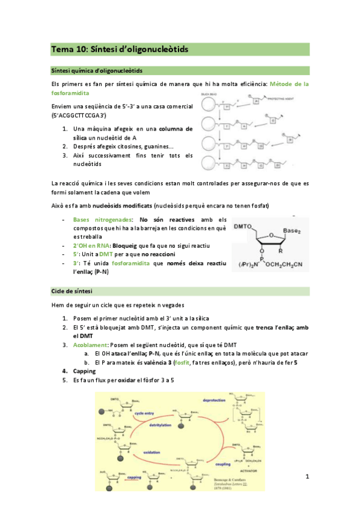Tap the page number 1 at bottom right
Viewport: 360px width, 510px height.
[x=307, y=477]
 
